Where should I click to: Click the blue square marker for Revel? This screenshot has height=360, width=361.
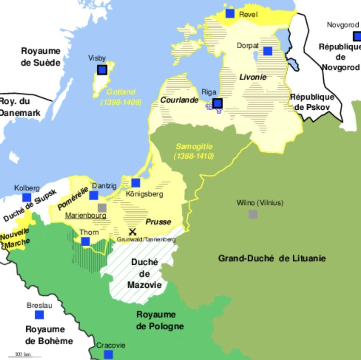[x=230, y=14]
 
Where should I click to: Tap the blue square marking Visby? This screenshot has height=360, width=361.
[x=102, y=70]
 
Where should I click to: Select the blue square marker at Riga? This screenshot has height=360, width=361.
[x=218, y=103]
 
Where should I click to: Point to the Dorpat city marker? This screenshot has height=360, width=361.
[x=268, y=51]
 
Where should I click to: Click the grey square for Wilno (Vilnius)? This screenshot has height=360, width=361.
[x=253, y=214]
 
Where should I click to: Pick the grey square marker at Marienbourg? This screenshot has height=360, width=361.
[x=102, y=208]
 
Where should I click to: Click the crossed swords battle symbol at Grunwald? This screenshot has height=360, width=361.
[x=132, y=232]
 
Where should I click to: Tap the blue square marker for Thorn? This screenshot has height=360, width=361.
[x=85, y=241]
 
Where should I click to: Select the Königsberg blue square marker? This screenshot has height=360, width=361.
[x=136, y=182]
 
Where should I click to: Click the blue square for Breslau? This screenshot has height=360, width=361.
[x=39, y=315]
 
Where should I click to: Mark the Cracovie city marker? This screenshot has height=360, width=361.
[x=108, y=355]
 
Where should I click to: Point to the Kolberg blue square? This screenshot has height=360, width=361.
[x=27, y=197]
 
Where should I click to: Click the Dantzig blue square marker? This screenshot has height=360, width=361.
[x=94, y=195]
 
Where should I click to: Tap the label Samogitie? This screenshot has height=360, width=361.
[x=194, y=147]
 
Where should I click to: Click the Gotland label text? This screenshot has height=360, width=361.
[x=121, y=92]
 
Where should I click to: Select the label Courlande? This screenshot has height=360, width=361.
[x=179, y=100]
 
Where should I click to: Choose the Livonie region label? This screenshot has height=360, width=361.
[x=253, y=77]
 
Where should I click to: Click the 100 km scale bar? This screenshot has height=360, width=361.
[x=24, y=356]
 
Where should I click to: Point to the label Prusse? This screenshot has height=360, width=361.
[x=158, y=222]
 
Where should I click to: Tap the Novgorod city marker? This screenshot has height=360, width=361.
[x=357, y=36]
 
